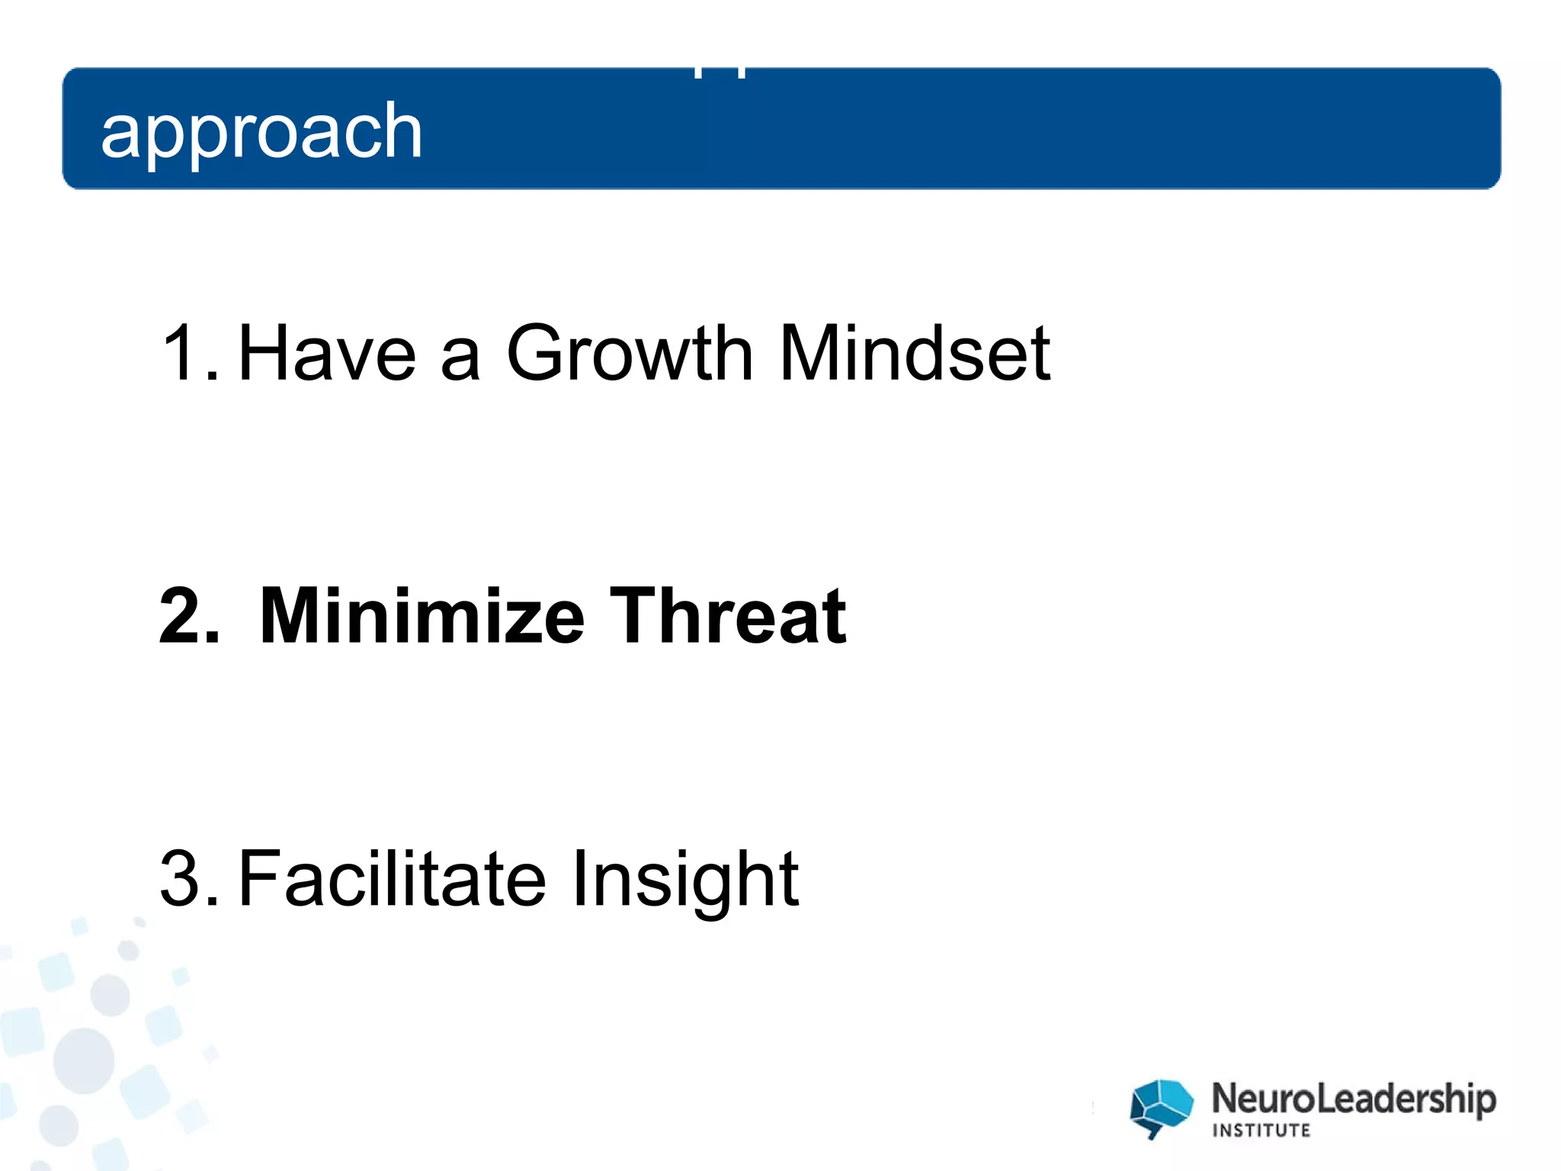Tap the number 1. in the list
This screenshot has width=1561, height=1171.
click(189, 353)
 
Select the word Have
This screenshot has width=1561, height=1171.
click(327, 353)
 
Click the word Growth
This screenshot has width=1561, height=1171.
click(630, 353)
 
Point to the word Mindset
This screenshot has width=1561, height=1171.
click(915, 353)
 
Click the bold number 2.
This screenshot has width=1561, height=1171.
click(189, 616)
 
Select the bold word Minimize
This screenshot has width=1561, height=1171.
click(422, 616)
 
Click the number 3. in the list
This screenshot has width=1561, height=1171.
click(189, 879)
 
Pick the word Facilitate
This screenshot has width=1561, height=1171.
click(392, 879)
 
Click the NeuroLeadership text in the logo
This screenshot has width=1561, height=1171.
click(1354, 1099)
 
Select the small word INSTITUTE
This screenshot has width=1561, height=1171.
click(1261, 1131)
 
